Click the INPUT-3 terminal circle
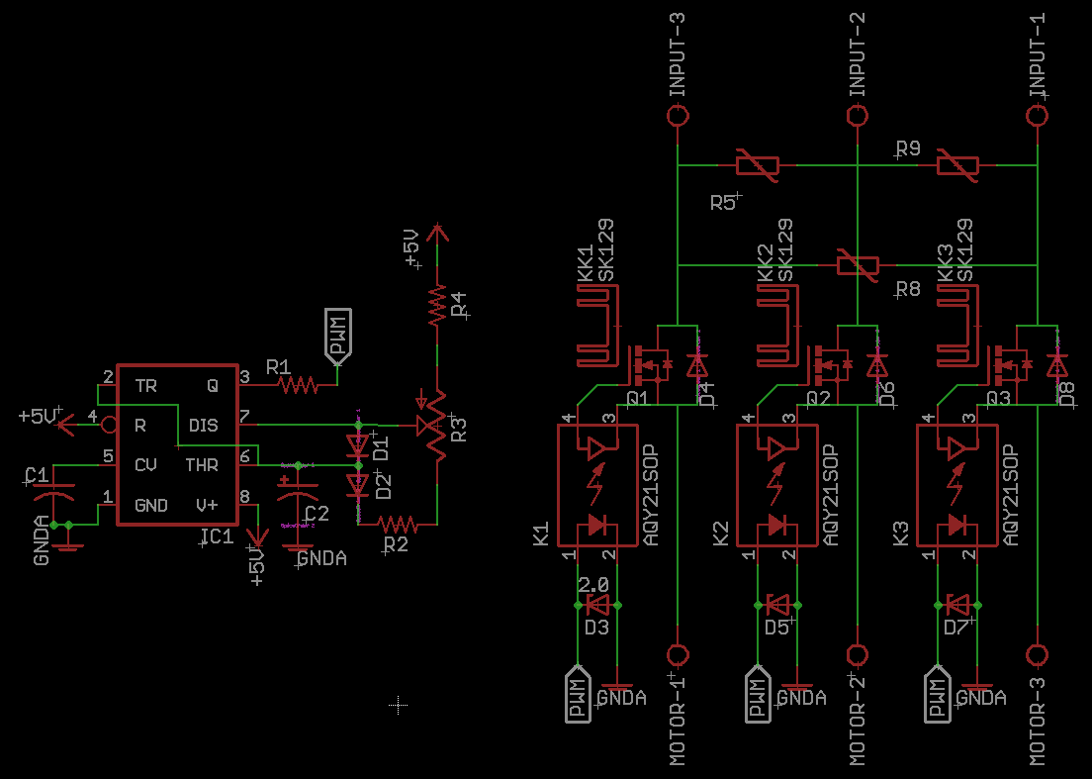click(x=678, y=116)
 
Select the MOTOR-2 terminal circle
click(x=858, y=655)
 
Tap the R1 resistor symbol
click(x=297, y=384)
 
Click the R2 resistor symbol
click(x=398, y=524)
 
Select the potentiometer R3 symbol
click(x=435, y=426)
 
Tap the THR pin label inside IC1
click(x=203, y=465)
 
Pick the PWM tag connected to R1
click(x=337, y=337)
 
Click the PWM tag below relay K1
click(x=578, y=696)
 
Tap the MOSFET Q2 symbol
click(x=825, y=365)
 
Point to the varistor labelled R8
click(x=858, y=264)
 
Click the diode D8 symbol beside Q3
click(x=1058, y=365)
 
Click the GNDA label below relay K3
click(x=980, y=698)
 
